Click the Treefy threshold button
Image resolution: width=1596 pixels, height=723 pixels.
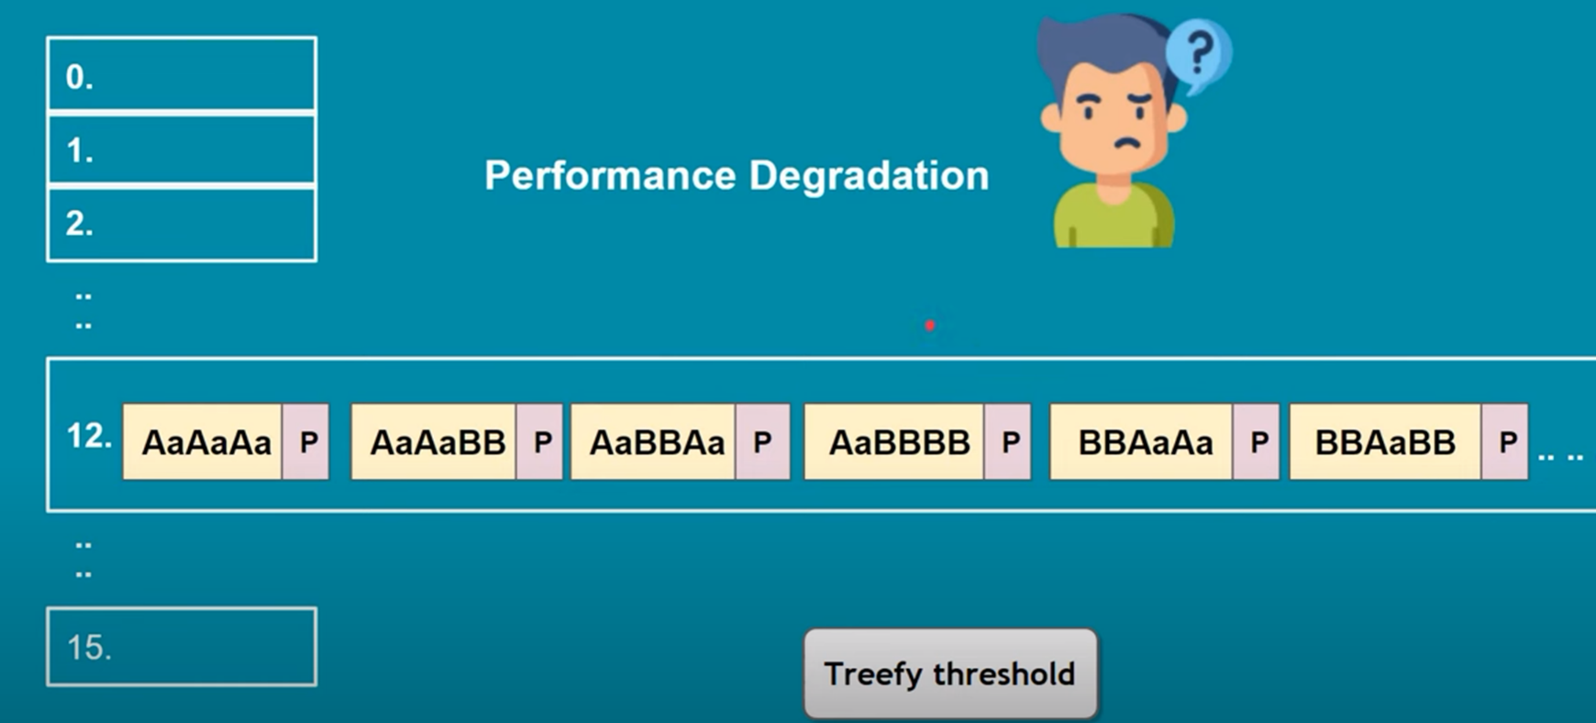tap(950, 673)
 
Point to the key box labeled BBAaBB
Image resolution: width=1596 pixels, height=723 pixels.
tap(1385, 442)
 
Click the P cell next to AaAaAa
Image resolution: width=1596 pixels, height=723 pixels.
tap(305, 442)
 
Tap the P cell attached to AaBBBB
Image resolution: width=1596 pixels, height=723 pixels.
tap(1008, 442)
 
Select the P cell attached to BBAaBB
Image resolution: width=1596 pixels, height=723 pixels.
tap(1505, 442)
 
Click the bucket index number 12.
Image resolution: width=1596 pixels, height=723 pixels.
tap(88, 436)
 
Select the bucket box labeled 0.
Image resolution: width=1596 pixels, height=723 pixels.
tap(182, 74)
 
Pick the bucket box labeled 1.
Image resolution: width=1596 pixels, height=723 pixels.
tap(182, 149)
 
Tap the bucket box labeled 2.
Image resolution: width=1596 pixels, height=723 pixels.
tap(182, 224)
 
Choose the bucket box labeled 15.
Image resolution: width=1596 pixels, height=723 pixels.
tap(182, 647)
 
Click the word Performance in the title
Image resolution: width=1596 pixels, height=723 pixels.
tap(611, 175)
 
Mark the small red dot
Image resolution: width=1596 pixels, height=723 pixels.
tap(930, 326)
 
